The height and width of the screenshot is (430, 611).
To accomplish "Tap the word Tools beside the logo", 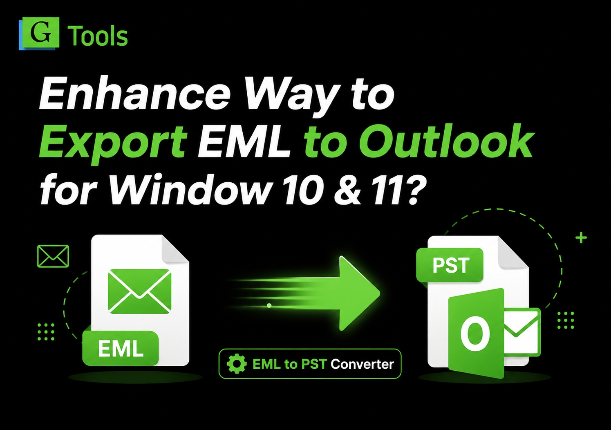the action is coord(97,36).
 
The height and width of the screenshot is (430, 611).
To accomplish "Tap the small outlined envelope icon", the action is coord(53,256).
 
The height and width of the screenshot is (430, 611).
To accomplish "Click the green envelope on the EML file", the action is coord(140,291).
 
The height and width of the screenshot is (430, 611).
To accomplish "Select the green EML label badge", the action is coord(121,348).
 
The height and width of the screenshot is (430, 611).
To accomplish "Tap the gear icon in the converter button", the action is coord(237,364).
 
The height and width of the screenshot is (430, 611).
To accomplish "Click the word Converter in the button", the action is coord(362,364).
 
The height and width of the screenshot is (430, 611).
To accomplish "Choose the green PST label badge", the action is coord(450,265).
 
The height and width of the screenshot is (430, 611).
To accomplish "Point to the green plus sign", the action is coord(581,237).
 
